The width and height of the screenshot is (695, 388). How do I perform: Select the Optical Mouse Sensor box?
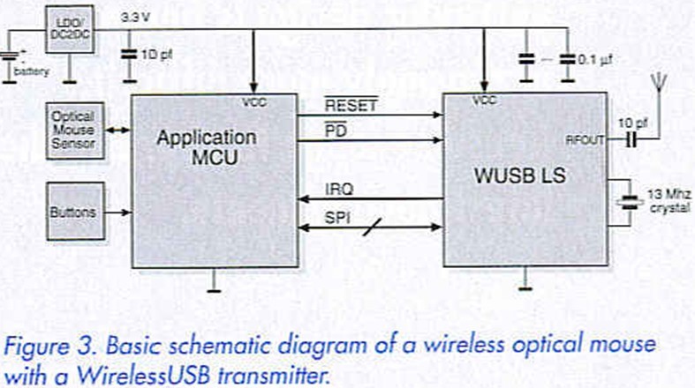tap(73, 131)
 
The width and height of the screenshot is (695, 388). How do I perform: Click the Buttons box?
tap(73, 212)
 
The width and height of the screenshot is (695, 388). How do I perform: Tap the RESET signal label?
tap(351, 106)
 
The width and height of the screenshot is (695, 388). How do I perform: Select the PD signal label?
tap(336, 131)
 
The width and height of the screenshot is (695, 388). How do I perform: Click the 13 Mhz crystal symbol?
tap(629, 200)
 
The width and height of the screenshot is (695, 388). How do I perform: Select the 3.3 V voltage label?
tap(135, 16)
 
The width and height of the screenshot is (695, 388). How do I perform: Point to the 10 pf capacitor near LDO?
tap(130, 54)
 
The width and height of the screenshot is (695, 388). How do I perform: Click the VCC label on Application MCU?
tap(253, 103)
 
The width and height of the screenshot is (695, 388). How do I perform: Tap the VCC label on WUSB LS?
tap(485, 101)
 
